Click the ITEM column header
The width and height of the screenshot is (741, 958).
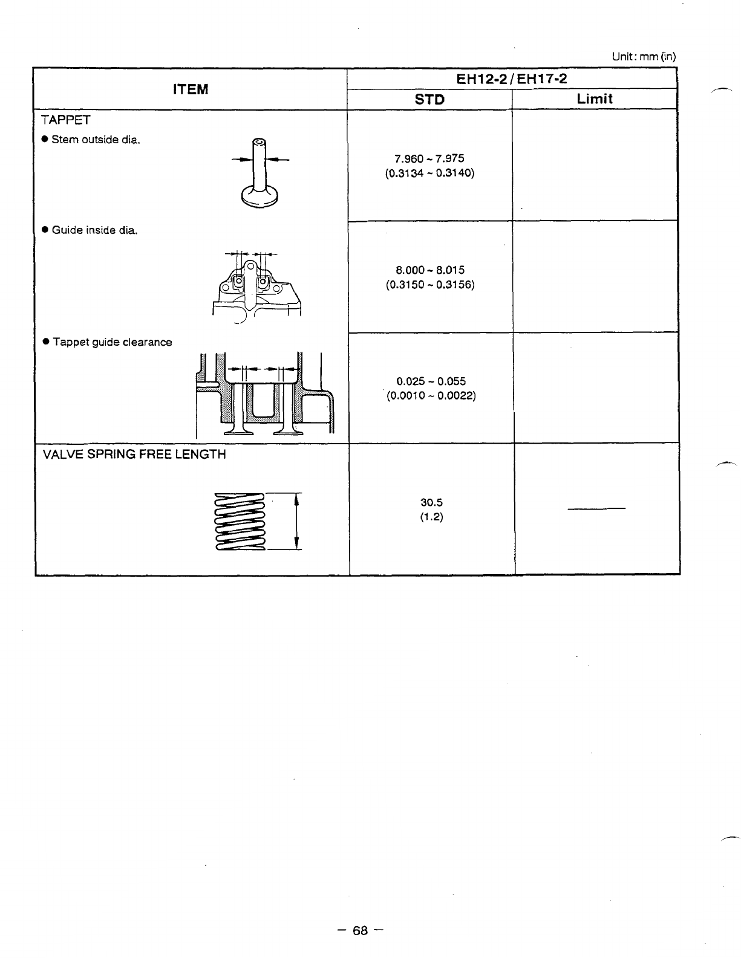click(190, 89)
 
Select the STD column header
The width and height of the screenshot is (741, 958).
click(430, 100)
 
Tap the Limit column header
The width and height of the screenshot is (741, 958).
click(595, 99)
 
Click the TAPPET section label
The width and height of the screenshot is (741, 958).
click(66, 120)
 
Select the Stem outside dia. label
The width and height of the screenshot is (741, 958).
click(96, 140)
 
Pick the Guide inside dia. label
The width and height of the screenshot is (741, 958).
click(94, 230)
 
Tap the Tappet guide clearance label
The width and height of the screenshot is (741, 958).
click(112, 342)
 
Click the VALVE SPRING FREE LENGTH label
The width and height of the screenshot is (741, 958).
click(134, 454)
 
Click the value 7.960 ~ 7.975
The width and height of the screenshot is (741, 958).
click(429, 158)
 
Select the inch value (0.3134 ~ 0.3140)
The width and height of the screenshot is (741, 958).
click(429, 173)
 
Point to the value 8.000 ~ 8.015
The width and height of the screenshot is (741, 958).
click(429, 270)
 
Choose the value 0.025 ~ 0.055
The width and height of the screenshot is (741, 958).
click(431, 381)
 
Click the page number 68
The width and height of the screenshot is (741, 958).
click(361, 930)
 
